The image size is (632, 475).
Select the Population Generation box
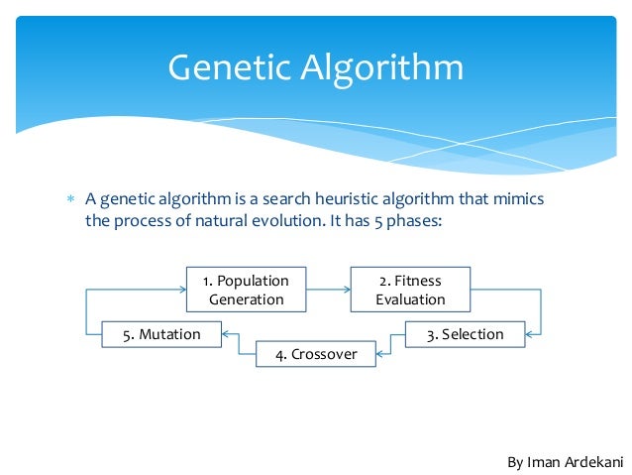(x=247, y=290)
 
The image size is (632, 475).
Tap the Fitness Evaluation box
(x=410, y=290)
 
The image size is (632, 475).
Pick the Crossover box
(x=316, y=354)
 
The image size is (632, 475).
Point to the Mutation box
(x=161, y=334)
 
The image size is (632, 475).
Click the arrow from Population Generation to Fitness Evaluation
(x=326, y=290)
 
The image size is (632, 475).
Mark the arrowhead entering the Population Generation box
(x=182, y=290)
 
